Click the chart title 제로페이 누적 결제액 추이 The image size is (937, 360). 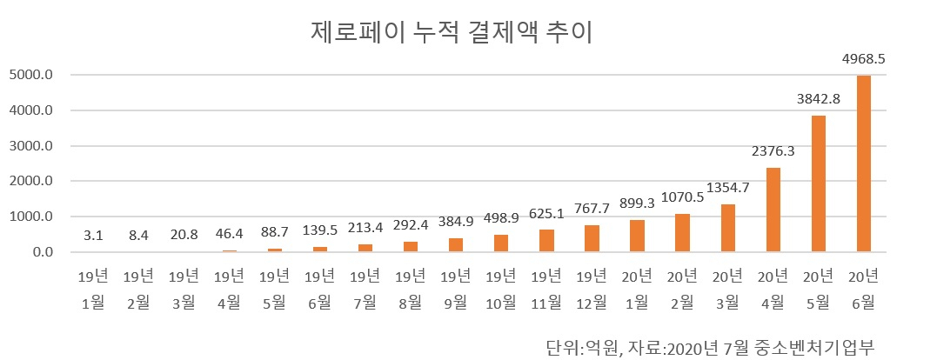[452, 33]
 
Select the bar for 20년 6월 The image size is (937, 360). [864, 163]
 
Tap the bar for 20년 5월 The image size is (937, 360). [818, 183]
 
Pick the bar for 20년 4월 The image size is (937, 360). [773, 210]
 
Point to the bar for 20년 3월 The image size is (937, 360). [728, 228]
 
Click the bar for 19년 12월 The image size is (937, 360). [592, 238]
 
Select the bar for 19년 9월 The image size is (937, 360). [455, 244]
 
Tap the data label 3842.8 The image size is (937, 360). [818, 99]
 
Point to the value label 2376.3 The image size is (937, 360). [773, 151]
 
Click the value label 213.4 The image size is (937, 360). [365, 228]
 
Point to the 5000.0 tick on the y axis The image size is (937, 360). [31, 76]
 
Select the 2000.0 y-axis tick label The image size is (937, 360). [31, 182]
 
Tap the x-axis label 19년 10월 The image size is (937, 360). [501, 290]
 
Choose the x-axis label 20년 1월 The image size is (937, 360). [637, 290]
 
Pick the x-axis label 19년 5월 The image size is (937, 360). [274, 290]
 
